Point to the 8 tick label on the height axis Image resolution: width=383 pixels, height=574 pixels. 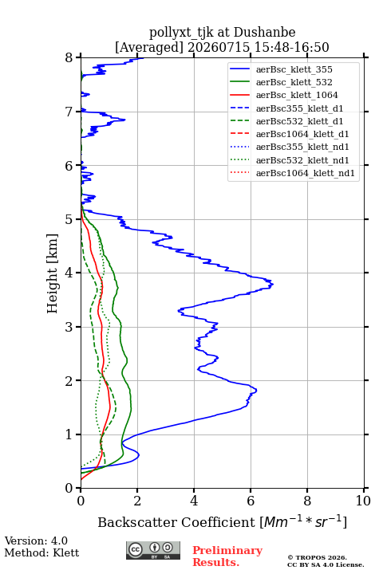[69, 58]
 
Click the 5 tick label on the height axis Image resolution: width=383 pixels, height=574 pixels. [69, 219]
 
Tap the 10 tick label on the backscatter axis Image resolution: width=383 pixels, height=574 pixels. [363, 501]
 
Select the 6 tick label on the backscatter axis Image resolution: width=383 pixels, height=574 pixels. [251, 501]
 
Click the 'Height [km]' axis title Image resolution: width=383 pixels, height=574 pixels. [53, 273]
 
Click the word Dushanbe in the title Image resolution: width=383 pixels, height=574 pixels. [265, 33]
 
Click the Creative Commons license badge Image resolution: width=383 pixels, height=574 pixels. [153, 551]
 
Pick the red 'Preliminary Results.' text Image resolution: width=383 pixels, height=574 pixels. [227, 556]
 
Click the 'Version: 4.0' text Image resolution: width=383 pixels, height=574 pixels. [36, 541]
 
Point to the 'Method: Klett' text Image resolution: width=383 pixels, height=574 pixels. [41, 552]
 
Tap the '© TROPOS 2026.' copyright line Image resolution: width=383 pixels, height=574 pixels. [317, 557]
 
